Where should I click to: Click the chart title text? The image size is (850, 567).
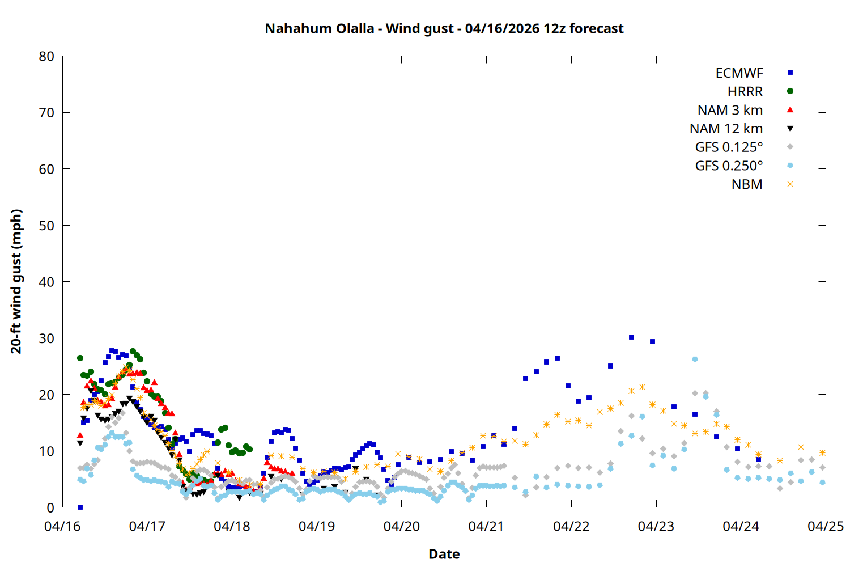(x=444, y=28)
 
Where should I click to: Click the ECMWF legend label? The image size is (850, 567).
(x=739, y=73)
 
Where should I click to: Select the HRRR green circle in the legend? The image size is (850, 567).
(x=790, y=91)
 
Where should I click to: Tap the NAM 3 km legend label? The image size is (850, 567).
(x=730, y=110)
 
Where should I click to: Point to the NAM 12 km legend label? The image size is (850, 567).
(x=726, y=129)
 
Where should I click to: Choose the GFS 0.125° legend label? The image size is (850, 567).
(x=729, y=147)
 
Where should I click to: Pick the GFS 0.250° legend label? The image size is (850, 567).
(x=729, y=166)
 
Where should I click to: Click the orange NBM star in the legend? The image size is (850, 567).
(x=790, y=184)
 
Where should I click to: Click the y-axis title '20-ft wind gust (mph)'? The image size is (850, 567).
(x=16, y=281)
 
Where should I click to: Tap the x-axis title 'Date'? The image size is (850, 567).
(x=444, y=554)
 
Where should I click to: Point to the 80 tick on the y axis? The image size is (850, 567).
(x=47, y=56)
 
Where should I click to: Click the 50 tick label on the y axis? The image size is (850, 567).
(x=47, y=226)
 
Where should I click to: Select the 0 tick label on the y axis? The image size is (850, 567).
(x=50, y=507)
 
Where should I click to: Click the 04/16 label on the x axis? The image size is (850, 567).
(x=62, y=526)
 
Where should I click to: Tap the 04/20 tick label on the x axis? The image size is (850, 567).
(x=401, y=526)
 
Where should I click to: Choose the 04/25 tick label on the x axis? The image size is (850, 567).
(x=825, y=526)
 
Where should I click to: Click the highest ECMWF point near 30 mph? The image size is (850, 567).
(x=631, y=337)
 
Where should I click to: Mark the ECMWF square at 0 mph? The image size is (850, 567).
(x=80, y=507)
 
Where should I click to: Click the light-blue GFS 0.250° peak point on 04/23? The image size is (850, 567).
(x=695, y=359)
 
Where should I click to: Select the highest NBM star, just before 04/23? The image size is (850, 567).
(x=642, y=387)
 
